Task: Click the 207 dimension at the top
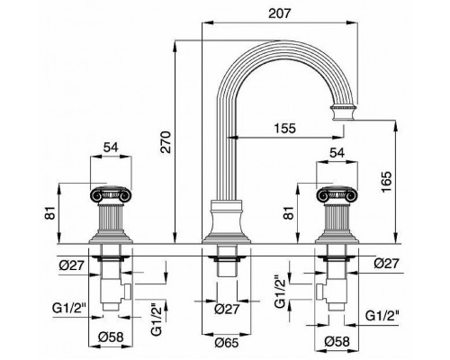pos(279,13)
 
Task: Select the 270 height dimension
pos(166,142)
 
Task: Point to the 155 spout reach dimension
pos(284,128)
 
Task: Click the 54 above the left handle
pos(111,148)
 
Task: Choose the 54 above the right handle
pos(337,153)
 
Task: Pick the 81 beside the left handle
pos(50,212)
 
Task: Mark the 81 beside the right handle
pos(290,212)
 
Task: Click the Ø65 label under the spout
pos(227,343)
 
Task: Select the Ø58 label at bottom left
pos(111,337)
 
